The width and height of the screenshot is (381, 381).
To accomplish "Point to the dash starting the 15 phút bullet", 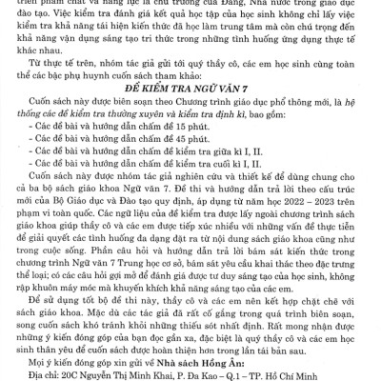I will point(32,124).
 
